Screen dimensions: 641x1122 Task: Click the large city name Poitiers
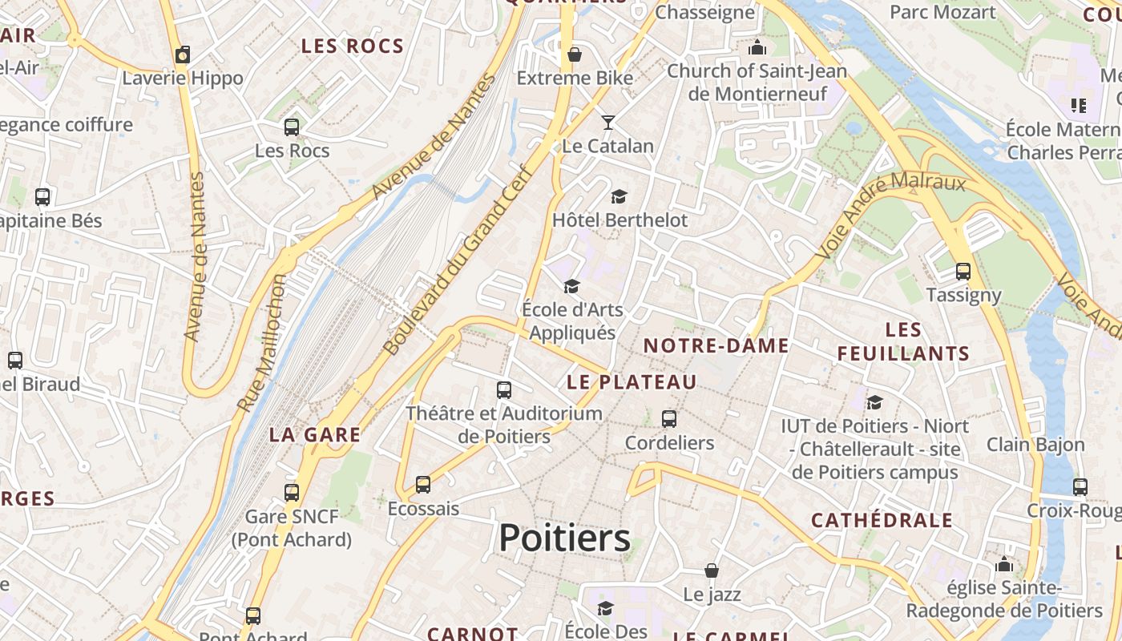[x=564, y=538]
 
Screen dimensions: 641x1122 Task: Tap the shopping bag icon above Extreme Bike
[x=575, y=54]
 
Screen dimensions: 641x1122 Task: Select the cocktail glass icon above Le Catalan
[x=608, y=123]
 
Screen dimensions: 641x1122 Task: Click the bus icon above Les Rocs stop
[x=292, y=127]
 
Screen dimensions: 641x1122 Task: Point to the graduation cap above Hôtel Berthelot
[x=619, y=196]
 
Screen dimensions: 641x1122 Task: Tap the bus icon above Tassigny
[x=963, y=272]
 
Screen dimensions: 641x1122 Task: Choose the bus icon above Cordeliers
[x=669, y=418]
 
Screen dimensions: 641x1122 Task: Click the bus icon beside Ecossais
[x=423, y=485]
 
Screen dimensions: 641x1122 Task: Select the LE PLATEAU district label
[x=632, y=382]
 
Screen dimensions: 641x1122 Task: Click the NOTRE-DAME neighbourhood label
[x=716, y=345]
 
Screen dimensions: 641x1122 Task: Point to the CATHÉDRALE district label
[x=882, y=520]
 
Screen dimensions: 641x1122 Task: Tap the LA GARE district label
[x=315, y=434]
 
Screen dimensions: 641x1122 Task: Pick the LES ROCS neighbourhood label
[x=353, y=46]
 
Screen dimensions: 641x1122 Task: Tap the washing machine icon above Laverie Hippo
[x=183, y=54]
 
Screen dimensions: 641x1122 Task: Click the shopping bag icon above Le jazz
[x=712, y=570]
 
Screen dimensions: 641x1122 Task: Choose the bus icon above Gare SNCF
[x=292, y=492]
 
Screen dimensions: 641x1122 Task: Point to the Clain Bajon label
[x=1035, y=444]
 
